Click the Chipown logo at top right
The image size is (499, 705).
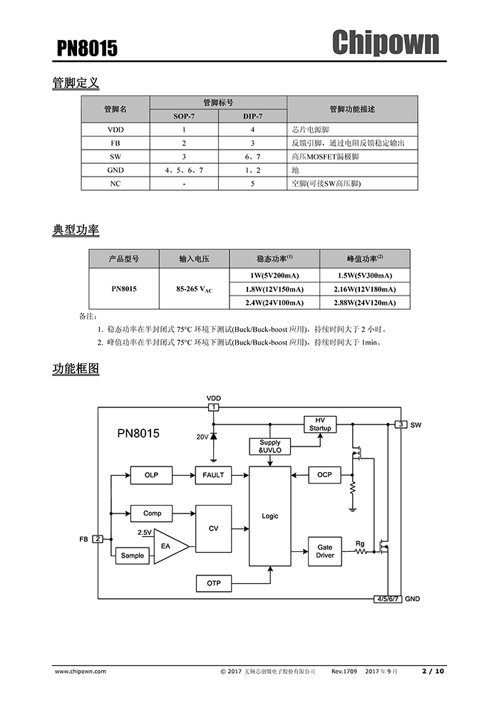pyautogui.click(x=385, y=43)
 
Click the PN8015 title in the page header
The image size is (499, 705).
pyautogui.click(x=88, y=48)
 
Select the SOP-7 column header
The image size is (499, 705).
pyautogui.click(x=184, y=116)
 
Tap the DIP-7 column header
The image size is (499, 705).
pyautogui.click(x=252, y=116)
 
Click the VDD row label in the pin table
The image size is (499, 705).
pyautogui.click(x=115, y=130)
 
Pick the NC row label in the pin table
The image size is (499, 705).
pyautogui.click(x=115, y=184)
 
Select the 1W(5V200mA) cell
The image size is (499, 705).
pyautogui.click(x=274, y=276)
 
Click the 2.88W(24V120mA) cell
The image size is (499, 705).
pyautogui.click(x=364, y=303)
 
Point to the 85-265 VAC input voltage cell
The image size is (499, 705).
pyautogui.click(x=194, y=289)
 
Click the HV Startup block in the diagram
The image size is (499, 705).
pyautogui.click(x=320, y=424)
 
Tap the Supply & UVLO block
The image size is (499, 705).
pyautogui.click(x=270, y=446)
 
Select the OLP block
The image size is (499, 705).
pyautogui.click(x=151, y=475)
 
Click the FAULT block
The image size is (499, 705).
pyautogui.click(x=213, y=475)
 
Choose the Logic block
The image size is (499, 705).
pyautogui.click(x=270, y=516)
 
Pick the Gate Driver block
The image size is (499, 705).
pyautogui.click(x=325, y=551)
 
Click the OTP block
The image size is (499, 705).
pyautogui.click(x=214, y=583)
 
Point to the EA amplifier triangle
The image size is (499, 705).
pyautogui.click(x=168, y=546)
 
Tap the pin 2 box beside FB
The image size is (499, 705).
pyautogui.click(x=97, y=539)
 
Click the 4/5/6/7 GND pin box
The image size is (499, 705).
pyautogui.click(x=388, y=600)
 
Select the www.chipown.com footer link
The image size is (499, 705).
pyautogui.click(x=81, y=671)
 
